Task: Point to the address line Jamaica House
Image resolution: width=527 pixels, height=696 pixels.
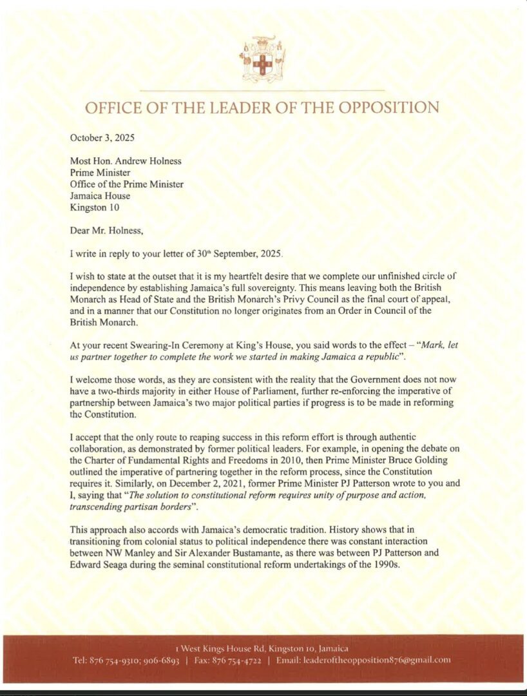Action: point(100,196)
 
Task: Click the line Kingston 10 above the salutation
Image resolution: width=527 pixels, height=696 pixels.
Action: point(95,208)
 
